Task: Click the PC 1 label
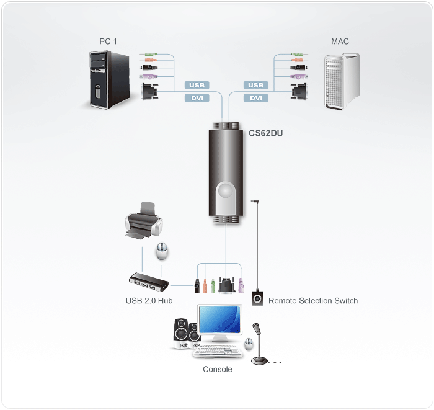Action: tap(108, 42)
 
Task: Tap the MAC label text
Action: tap(340, 42)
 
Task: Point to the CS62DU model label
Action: tap(266, 131)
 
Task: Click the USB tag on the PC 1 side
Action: tap(197, 85)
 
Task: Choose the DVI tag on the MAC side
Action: tap(255, 98)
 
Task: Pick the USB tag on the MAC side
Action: tap(255, 85)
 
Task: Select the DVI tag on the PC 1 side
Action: tap(197, 98)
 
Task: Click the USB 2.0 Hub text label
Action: tap(149, 301)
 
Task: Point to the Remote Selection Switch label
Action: tap(313, 301)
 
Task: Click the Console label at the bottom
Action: tap(218, 370)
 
